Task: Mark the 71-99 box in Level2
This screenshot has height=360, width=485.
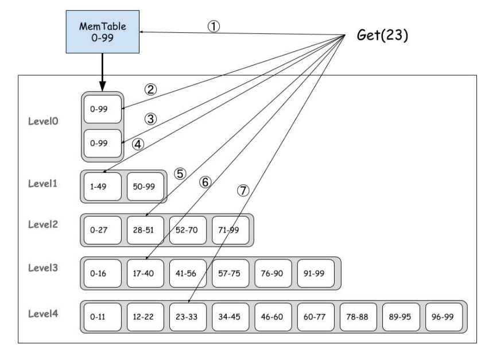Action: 230,230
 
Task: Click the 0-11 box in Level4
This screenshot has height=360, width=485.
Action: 102,316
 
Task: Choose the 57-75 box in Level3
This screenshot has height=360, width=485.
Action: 230,273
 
